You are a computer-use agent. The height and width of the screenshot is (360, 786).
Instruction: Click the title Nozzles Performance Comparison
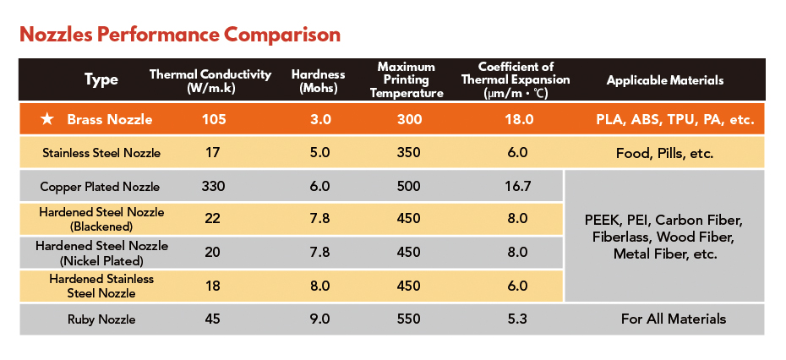point(180,35)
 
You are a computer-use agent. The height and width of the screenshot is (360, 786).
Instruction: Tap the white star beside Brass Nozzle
point(47,119)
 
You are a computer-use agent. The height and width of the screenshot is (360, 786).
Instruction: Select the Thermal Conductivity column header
point(210,80)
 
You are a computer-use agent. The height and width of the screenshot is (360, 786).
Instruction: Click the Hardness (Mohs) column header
point(319,80)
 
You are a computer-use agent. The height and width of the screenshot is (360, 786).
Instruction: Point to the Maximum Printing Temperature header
point(407,80)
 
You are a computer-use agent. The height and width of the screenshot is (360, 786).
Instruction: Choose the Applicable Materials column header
point(665,80)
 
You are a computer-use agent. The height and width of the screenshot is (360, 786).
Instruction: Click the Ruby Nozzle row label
point(101,319)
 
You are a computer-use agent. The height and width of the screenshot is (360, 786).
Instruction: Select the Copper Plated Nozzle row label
point(101,186)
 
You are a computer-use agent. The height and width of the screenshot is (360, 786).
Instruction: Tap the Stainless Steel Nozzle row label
point(101,153)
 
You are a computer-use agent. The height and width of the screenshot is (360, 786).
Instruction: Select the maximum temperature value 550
point(409,319)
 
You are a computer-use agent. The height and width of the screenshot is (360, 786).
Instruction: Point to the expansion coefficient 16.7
point(516,186)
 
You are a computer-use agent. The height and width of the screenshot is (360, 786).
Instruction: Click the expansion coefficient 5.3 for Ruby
point(517,319)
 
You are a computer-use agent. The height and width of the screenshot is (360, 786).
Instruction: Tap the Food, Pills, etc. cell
point(665,153)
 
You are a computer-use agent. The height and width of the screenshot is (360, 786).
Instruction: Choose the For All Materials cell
point(665,319)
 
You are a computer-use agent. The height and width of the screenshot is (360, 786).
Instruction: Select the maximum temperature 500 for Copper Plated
point(409,186)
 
